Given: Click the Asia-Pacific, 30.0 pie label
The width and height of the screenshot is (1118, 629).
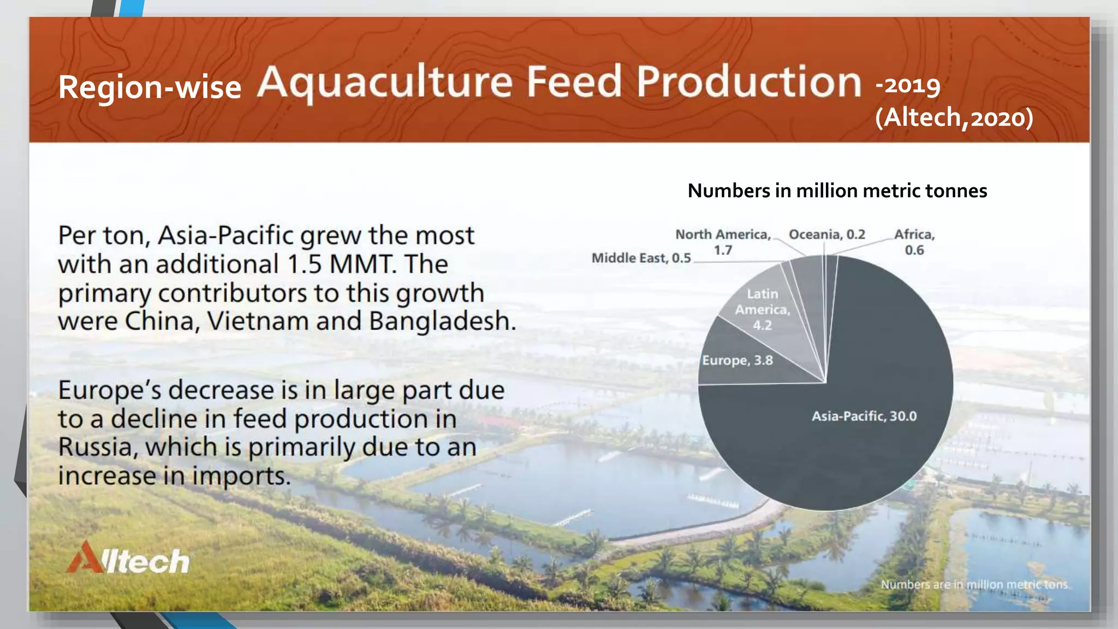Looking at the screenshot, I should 864,416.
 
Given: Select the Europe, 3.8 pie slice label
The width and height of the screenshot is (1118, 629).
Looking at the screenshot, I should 737,360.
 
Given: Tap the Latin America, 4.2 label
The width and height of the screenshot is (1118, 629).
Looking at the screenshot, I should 762,310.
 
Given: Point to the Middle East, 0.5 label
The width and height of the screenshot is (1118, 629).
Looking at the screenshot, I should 641,258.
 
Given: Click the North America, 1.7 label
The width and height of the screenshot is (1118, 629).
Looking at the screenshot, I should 723,242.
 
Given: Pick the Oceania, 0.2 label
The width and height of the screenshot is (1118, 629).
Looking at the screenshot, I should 826,234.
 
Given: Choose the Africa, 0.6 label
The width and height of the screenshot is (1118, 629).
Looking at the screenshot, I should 914,242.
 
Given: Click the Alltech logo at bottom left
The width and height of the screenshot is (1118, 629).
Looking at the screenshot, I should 129,558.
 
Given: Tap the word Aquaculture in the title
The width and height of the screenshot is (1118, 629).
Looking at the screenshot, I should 385,82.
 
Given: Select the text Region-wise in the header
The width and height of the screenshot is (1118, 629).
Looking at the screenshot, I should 150,87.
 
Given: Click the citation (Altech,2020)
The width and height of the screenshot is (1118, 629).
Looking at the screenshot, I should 954,117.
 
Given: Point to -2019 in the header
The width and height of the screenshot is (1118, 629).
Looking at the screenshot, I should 908,85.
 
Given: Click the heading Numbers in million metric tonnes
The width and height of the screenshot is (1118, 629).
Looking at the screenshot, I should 837,191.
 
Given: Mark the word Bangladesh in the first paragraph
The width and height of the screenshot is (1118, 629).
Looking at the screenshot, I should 442,321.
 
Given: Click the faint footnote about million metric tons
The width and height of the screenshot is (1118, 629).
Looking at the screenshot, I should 974,584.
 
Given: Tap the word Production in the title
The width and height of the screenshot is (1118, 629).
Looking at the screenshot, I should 748,82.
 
